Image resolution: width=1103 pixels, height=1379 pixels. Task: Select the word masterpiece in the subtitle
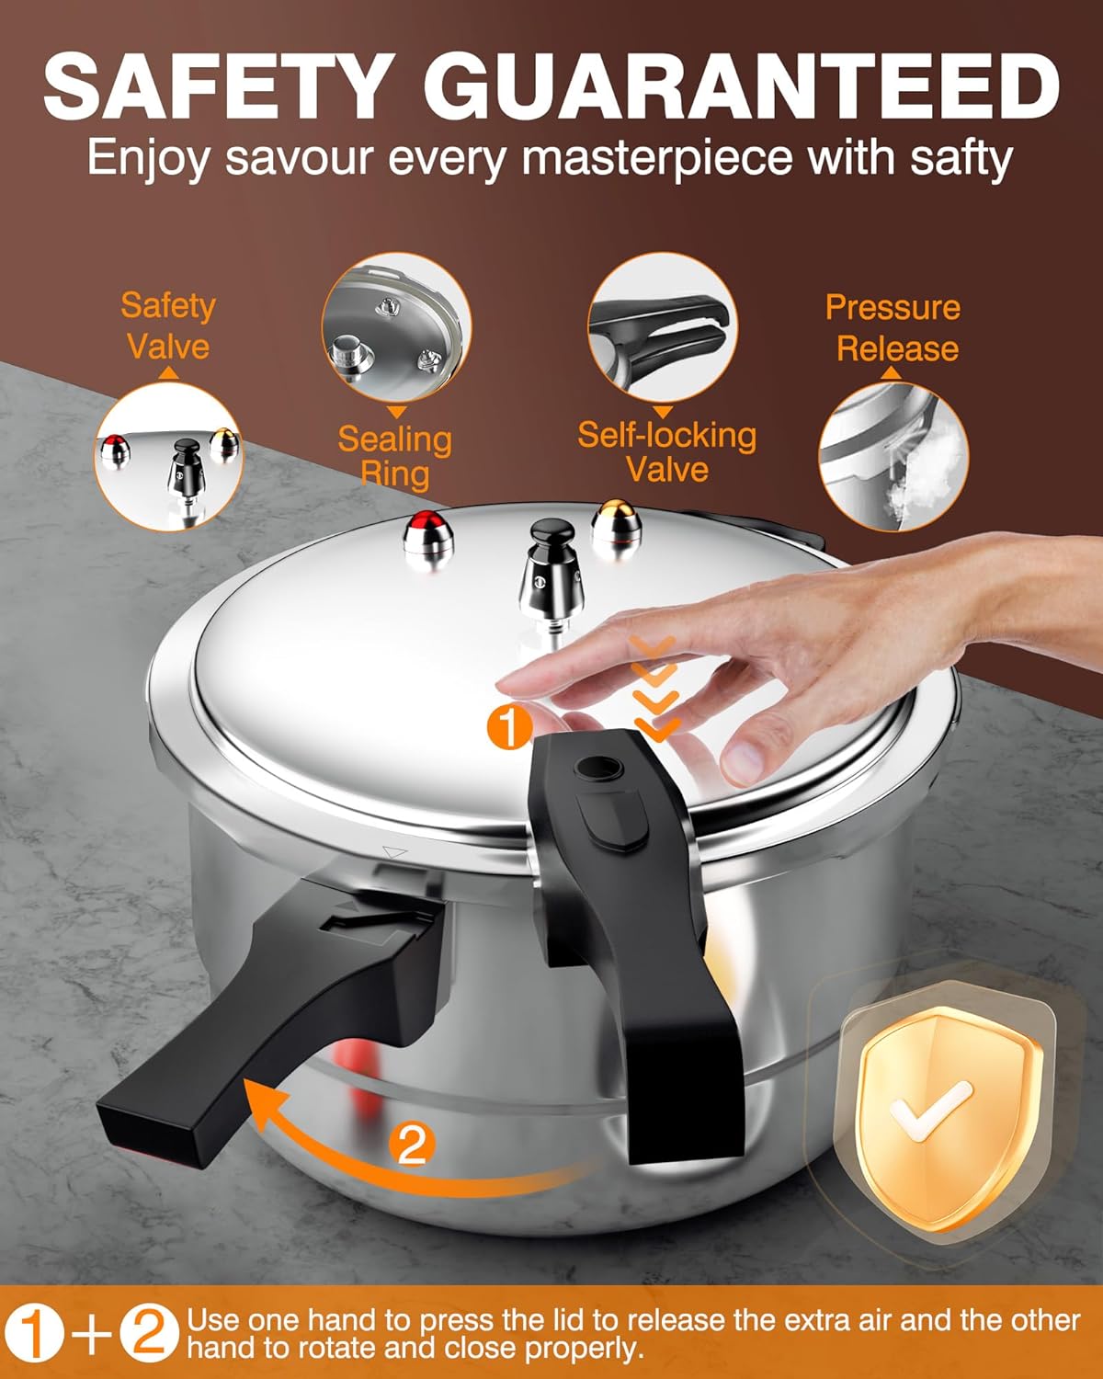tap(657, 157)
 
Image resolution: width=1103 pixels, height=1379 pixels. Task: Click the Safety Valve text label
tap(167, 325)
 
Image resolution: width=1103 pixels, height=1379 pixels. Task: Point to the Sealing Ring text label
tap(394, 456)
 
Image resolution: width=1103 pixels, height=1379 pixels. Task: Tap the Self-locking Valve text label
tap(666, 451)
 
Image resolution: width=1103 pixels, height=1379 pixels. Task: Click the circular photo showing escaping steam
tap(893, 457)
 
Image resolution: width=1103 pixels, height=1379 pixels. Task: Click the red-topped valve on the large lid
tap(428, 534)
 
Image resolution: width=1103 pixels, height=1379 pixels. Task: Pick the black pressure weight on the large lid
tap(548, 565)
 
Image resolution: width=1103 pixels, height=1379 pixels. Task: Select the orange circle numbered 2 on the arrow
tap(411, 1145)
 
